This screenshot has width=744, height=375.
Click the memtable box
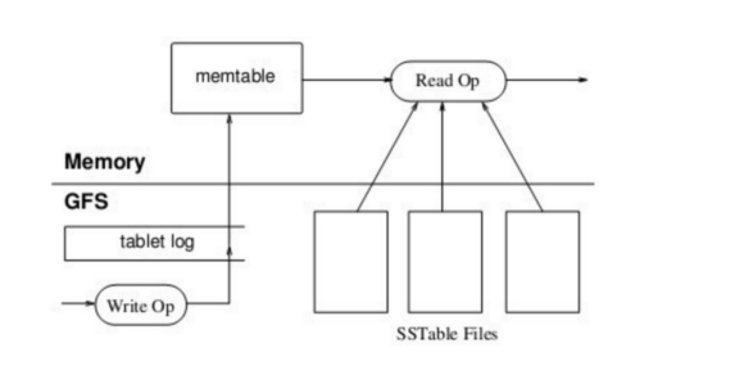(236, 78)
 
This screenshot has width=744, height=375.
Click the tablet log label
(157, 242)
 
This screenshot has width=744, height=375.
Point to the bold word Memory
(105, 162)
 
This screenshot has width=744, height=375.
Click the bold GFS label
(86, 203)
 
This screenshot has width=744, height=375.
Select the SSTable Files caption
(447, 335)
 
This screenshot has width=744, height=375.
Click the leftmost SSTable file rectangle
(351, 261)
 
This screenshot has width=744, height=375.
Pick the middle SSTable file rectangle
(445, 261)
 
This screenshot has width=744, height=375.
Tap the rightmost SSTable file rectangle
(542, 261)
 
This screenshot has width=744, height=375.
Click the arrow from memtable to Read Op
(346, 80)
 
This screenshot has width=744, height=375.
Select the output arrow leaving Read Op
(545, 80)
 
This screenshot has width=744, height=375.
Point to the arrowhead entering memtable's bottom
(229, 120)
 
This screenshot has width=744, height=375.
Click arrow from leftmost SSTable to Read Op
(387, 157)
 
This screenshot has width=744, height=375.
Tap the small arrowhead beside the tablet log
(229, 249)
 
